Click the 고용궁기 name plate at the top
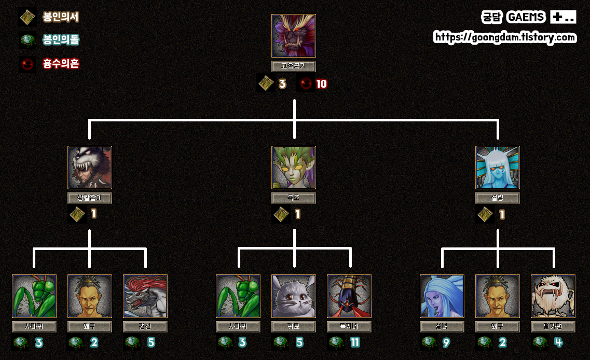pyautogui.click(x=294, y=66)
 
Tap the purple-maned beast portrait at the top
pyautogui.click(x=294, y=36)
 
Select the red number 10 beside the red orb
pyautogui.click(x=322, y=84)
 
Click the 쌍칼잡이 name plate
pyautogui.click(x=90, y=198)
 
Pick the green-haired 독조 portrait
pyautogui.click(x=294, y=168)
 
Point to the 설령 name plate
pyautogui.click(x=498, y=198)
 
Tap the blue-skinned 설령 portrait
pyautogui.click(x=498, y=168)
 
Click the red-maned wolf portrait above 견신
pyautogui.click(x=145, y=296)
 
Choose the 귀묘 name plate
pyautogui.click(x=294, y=327)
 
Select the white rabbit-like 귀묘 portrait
pyautogui.click(x=294, y=296)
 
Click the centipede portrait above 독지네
pyautogui.click(x=349, y=296)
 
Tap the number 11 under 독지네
pyautogui.click(x=355, y=343)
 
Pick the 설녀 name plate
pyautogui.click(x=442, y=327)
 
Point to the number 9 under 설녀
pyautogui.click(x=446, y=343)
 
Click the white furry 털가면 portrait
pyautogui.click(x=553, y=296)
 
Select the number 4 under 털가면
pyautogui.click(x=558, y=343)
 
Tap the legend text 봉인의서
pyautogui.click(x=61, y=17)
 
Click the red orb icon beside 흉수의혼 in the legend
pyautogui.click(x=28, y=64)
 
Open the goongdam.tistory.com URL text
pyautogui.click(x=505, y=37)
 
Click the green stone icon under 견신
pyautogui.click(x=132, y=342)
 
